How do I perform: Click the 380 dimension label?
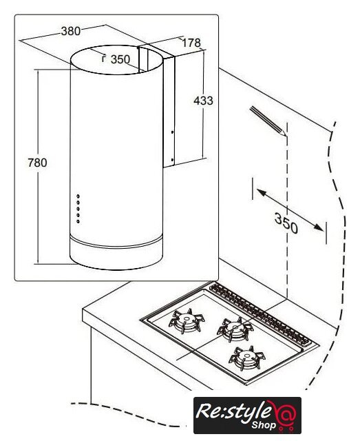tap(71, 31)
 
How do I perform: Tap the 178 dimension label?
tap(191, 43)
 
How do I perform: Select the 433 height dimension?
tap(203, 101)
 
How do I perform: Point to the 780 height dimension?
tap(37, 163)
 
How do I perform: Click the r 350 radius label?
tap(116, 59)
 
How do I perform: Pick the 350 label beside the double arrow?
tap(286, 223)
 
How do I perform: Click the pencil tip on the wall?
tap(286, 136)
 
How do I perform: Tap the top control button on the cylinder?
tap(78, 196)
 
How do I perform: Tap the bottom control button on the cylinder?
tap(78, 222)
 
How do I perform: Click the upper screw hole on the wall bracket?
tap(172, 132)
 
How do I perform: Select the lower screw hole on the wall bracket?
tap(172, 160)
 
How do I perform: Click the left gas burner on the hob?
tap(187, 320)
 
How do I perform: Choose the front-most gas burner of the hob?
tap(247, 358)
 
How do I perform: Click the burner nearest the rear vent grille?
tap(235, 328)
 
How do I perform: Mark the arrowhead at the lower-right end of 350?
tap(319, 227)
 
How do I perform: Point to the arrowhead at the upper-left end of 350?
tap(261, 193)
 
